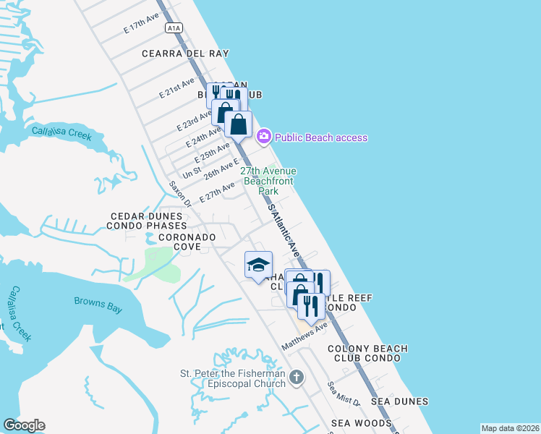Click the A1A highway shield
[173, 28]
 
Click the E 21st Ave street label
[177, 88]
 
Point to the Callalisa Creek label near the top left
[62, 132]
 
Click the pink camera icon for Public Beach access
[264, 136]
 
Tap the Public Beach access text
[321, 137]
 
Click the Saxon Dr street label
[179, 193]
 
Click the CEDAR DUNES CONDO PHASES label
[148, 221]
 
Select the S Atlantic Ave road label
[284, 230]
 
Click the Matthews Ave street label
[304, 336]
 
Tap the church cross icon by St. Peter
[296, 377]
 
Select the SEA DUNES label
[399, 401]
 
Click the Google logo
[24, 425]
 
